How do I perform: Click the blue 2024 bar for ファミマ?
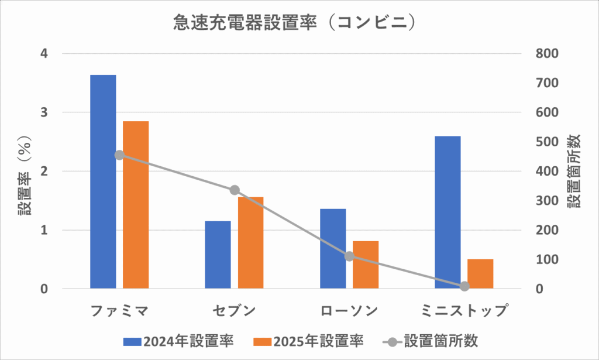(103, 181)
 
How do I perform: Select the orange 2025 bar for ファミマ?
(136, 205)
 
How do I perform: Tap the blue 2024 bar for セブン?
(218, 255)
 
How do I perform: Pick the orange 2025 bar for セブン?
(251, 243)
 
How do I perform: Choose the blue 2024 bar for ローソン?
(333, 249)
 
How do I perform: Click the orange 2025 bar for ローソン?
(366, 265)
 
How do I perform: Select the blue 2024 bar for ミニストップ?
(447, 212)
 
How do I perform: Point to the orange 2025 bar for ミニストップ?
(480, 274)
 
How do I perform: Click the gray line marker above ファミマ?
(119, 155)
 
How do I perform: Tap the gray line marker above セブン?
(235, 190)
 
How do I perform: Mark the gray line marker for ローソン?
(349, 256)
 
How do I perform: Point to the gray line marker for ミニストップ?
(464, 286)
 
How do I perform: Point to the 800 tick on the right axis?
(548, 54)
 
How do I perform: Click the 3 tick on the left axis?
(44, 112)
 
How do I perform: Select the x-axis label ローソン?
(349, 310)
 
